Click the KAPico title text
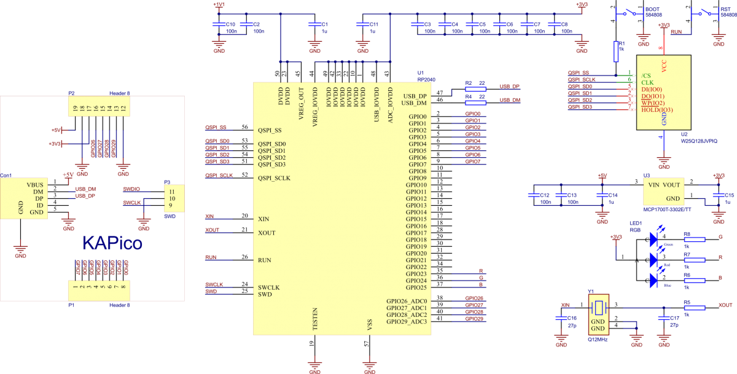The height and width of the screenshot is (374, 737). pyautogui.click(x=112, y=244)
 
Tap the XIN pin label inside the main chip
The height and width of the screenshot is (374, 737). pyautogui.click(x=263, y=219)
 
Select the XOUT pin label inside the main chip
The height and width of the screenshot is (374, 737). pyautogui.click(x=267, y=233)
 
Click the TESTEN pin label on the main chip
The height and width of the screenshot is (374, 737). pyautogui.click(x=315, y=319)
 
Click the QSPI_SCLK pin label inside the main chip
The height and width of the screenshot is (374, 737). pyautogui.click(x=274, y=178)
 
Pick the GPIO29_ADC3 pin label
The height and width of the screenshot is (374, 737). pyautogui.click(x=407, y=322)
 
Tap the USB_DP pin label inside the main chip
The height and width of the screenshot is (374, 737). pyautogui.click(x=415, y=96)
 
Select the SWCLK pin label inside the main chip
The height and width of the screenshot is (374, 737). pyautogui.click(x=269, y=287)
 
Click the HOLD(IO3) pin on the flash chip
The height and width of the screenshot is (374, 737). pyautogui.click(x=657, y=110)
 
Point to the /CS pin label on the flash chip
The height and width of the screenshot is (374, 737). pyautogui.click(x=645, y=76)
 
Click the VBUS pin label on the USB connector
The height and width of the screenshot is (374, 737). pyautogui.click(x=35, y=184)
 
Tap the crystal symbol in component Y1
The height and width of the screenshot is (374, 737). pyautogui.click(x=598, y=306)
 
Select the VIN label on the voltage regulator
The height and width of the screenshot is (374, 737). pyautogui.click(x=653, y=184)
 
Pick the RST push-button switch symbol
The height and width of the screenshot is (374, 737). pyautogui.click(x=704, y=12)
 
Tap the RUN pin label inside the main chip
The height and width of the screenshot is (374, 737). pyautogui.click(x=265, y=260)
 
